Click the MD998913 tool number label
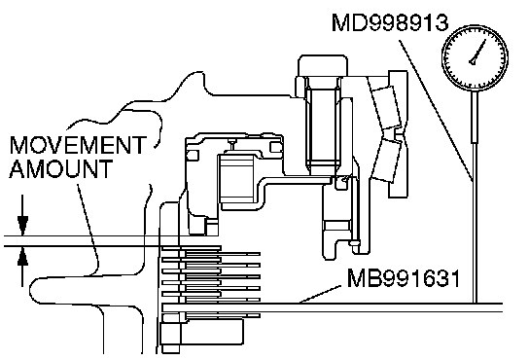(x=390, y=22)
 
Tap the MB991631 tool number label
(x=404, y=278)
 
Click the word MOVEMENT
(x=78, y=145)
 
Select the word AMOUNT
(x=60, y=168)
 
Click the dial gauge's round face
(x=475, y=58)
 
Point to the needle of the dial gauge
(x=477, y=53)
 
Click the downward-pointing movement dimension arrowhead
(x=22, y=226)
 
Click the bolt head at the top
(x=323, y=65)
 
